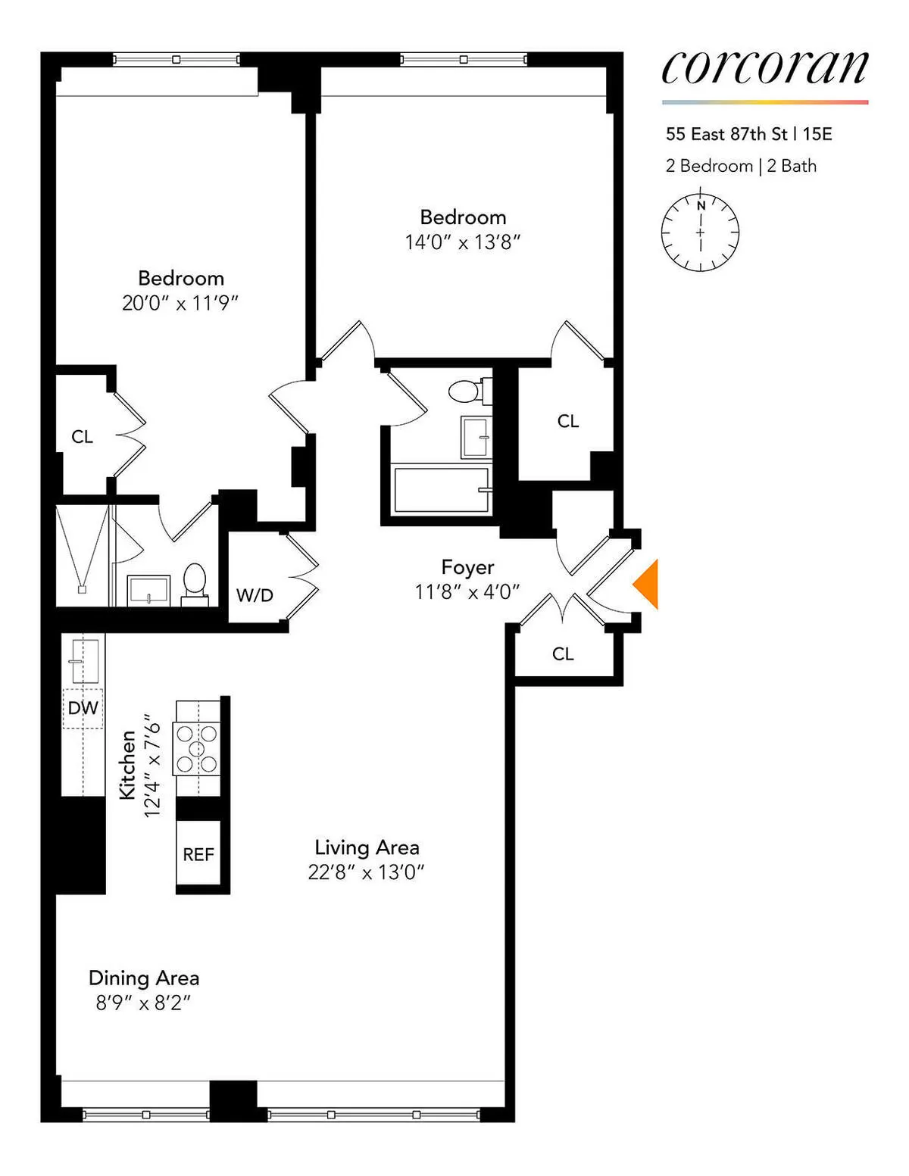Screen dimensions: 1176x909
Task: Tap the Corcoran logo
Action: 764,67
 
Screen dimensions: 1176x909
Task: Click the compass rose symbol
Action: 700,232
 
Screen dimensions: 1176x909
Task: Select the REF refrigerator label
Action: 198,854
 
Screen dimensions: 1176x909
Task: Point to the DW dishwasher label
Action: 83,708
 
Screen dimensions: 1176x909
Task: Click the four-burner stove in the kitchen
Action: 197,748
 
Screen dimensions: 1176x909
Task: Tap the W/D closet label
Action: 255,596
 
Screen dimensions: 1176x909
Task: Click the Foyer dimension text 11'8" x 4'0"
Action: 467,592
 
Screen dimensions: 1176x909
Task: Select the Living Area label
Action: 367,847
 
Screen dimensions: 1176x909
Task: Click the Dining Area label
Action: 144,978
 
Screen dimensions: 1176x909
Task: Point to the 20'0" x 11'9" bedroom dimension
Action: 180,304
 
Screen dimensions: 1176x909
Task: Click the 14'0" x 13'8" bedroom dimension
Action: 463,242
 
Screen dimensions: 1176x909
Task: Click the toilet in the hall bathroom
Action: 466,391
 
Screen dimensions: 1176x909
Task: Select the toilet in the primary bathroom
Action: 195,582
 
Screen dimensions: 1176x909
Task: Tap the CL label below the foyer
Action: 563,654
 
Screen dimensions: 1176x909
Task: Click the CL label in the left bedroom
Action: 82,437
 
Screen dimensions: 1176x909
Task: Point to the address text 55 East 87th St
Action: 726,134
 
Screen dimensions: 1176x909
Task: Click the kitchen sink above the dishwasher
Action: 83,661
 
